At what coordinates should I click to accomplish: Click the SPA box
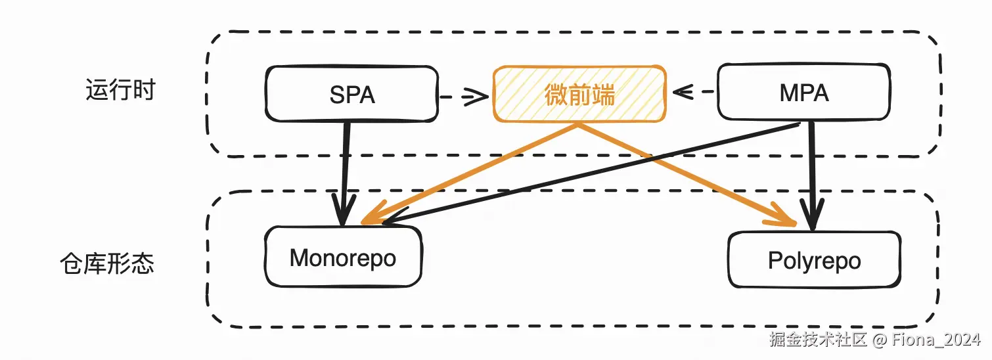click(x=351, y=94)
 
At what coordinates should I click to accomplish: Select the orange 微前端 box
click(x=580, y=95)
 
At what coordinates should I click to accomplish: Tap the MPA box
click(x=804, y=93)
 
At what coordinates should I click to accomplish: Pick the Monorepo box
click(x=342, y=258)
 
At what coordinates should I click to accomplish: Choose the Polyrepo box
click(x=814, y=260)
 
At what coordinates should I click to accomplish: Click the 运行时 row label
click(x=120, y=90)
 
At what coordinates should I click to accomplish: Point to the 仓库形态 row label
click(x=106, y=264)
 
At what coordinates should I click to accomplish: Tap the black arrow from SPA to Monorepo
click(x=344, y=171)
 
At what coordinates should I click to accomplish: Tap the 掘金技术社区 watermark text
click(x=818, y=340)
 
